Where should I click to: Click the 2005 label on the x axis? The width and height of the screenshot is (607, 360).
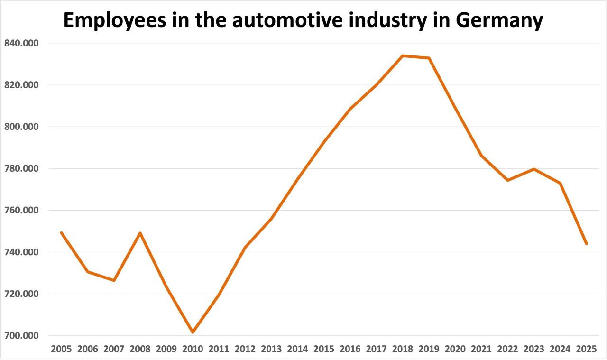pyautogui.click(x=61, y=349)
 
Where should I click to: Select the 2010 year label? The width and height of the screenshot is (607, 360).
pyautogui.click(x=193, y=349)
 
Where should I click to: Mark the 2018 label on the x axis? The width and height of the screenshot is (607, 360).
pyautogui.click(x=403, y=349)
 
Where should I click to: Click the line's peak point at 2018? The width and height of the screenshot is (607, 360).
pyautogui.click(x=403, y=56)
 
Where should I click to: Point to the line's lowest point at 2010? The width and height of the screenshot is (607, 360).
pyautogui.click(x=193, y=332)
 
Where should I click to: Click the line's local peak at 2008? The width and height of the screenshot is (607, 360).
pyautogui.click(x=140, y=233)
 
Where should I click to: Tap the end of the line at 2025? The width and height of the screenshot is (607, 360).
pyautogui.click(x=587, y=243)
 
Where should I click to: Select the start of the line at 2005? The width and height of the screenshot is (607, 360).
pyautogui.click(x=61, y=232)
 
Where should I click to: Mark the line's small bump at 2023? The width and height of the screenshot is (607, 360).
pyautogui.click(x=534, y=169)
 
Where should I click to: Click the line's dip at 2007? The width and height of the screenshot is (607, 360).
pyautogui.click(x=114, y=280)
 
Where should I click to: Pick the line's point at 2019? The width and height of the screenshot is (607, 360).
pyautogui.click(x=429, y=58)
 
